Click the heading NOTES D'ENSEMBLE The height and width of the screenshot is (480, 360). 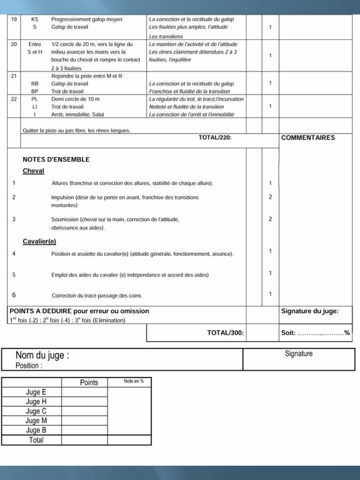coord(56,160)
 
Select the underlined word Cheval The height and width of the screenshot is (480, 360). coord(33,171)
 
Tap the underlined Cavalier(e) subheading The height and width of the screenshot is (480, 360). coord(39,241)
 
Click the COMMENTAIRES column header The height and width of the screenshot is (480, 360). coord(307,138)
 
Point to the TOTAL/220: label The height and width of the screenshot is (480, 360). coord(215,138)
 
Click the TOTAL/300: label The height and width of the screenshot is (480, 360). coord(225,333)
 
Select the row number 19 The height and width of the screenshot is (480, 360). coord(14,19)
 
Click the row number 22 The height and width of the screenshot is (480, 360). coord(14,99)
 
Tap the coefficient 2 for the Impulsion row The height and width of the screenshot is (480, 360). coord(270,197)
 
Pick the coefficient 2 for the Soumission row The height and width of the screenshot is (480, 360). coord(270,219)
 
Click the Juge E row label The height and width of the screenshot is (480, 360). coord(36,392)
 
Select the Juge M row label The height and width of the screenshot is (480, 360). coord(36,421)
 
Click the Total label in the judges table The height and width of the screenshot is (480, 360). coord(36,440)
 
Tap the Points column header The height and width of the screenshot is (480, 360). coord(89,383)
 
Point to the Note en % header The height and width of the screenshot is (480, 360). coord(133,381)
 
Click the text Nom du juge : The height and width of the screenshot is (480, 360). coord(42,356)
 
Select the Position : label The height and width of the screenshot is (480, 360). coord(28,366)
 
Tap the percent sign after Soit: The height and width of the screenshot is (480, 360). coord(347,333)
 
